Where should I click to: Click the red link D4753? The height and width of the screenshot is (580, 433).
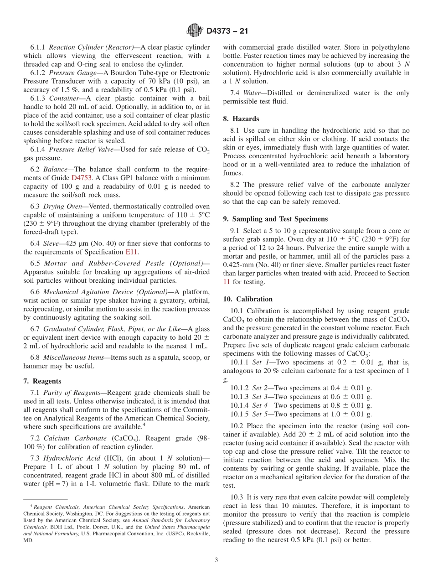81,178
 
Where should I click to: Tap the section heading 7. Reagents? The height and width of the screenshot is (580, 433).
42,381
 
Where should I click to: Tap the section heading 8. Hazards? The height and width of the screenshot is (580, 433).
241,119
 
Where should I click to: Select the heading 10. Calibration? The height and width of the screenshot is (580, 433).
248,299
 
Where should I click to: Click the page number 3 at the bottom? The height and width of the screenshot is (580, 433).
216,560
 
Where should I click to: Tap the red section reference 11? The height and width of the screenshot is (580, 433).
227,282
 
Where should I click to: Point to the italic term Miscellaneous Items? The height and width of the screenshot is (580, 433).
71,358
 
